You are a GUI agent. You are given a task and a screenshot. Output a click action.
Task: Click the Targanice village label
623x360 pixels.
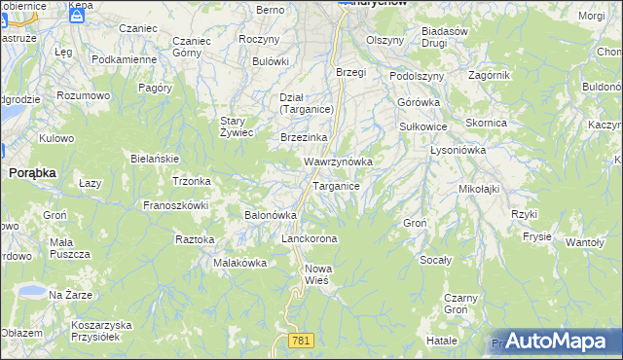pyautogui.click(x=337, y=186)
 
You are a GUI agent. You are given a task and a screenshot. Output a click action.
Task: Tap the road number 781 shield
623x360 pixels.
pyautogui.click(x=301, y=339)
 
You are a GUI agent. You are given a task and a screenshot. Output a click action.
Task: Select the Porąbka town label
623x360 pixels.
pyautogui.click(x=32, y=172)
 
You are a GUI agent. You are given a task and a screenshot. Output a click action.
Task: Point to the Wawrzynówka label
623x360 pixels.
pyautogui.click(x=339, y=161)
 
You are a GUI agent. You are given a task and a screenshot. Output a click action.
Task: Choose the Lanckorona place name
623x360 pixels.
pyautogui.click(x=309, y=238)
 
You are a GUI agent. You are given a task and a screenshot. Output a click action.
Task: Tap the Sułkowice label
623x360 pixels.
pyautogui.click(x=422, y=126)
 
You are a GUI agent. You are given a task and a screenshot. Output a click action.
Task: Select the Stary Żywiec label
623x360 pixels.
pyautogui.click(x=237, y=126)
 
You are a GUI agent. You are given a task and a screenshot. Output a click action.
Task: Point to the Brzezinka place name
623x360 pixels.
pyautogui.click(x=303, y=137)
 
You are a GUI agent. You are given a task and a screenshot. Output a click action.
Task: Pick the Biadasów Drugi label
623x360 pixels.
pyautogui.click(x=446, y=37)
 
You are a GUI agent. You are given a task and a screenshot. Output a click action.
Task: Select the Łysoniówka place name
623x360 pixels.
pyautogui.click(x=458, y=151)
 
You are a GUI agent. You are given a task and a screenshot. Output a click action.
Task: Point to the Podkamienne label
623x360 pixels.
pyautogui.click(x=124, y=59)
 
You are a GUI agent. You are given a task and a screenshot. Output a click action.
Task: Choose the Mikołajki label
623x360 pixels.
pyautogui.click(x=478, y=188)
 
